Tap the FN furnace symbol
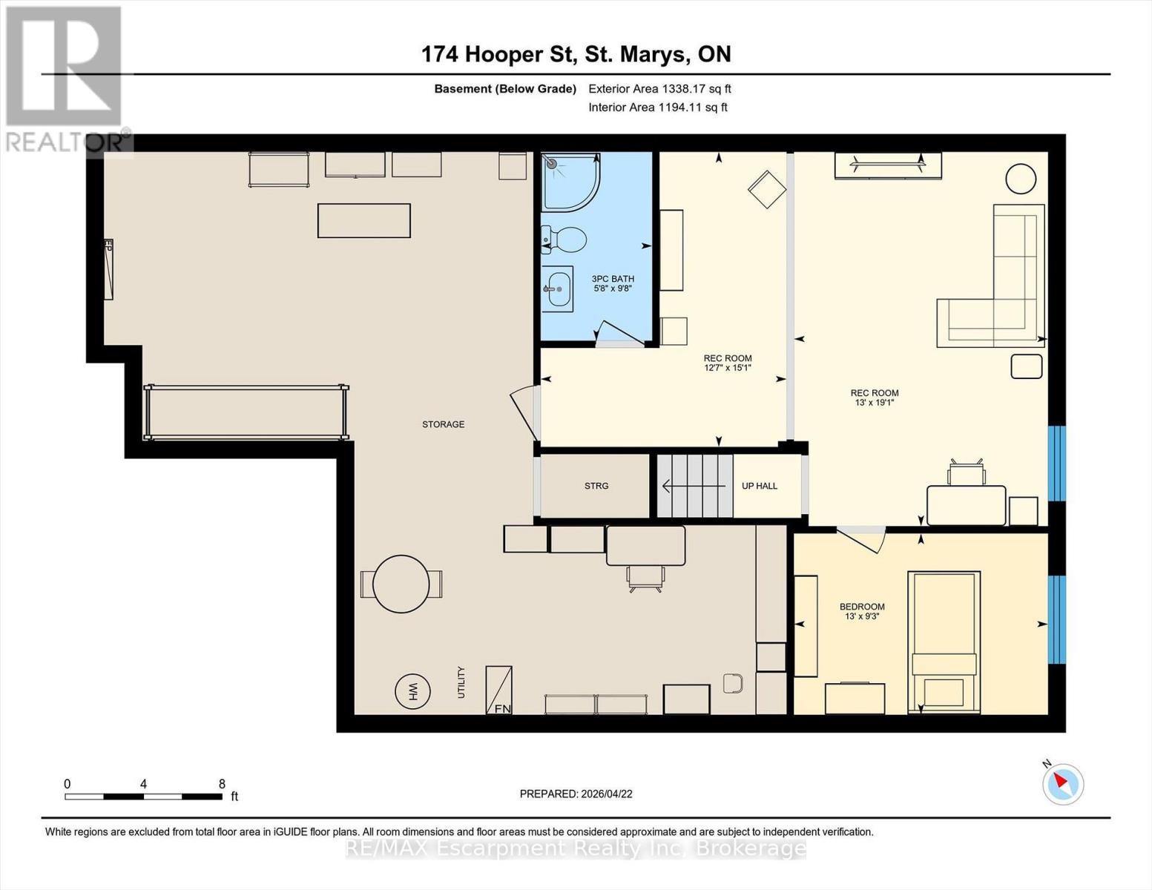(499, 690)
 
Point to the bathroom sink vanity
(557, 289)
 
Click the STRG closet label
(596, 486)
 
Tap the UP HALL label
(760, 486)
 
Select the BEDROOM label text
(862, 607)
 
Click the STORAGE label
(444, 424)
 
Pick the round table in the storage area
(401, 584)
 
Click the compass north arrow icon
(1063, 783)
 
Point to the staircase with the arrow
(694, 486)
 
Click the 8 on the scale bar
(222, 783)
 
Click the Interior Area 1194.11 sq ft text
(657, 107)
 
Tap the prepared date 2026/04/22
(576, 794)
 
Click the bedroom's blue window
(1056, 619)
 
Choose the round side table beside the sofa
(1021, 179)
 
